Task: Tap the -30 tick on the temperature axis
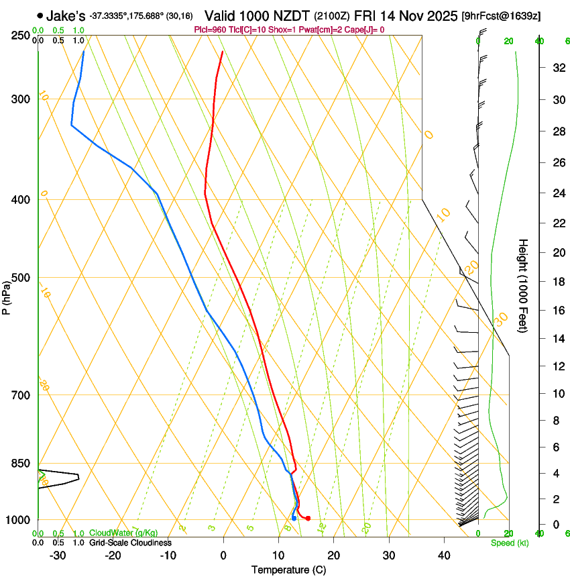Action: (58, 556)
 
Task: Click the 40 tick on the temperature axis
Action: (443, 556)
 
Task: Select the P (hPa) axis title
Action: (6, 297)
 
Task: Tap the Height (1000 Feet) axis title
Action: (524, 286)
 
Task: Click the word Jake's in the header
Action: (66, 15)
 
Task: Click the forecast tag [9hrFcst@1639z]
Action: (502, 15)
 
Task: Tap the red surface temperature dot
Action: (308, 518)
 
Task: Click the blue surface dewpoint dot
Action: (294, 518)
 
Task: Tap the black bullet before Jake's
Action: (40, 15)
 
